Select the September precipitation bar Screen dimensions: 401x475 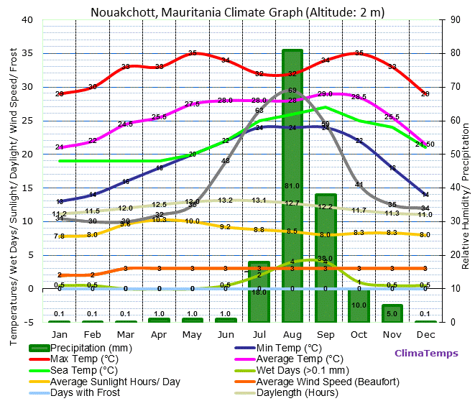coord(326,237)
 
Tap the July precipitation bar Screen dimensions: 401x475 coord(259,302)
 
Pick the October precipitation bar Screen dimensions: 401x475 coord(359,305)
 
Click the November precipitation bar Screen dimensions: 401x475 coord(392,313)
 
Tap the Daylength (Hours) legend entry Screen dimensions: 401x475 coord(298,393)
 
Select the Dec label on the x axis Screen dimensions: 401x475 coord(425,334)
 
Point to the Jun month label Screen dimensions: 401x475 coord(226,334)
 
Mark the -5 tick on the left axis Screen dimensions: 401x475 coord(29,322)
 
